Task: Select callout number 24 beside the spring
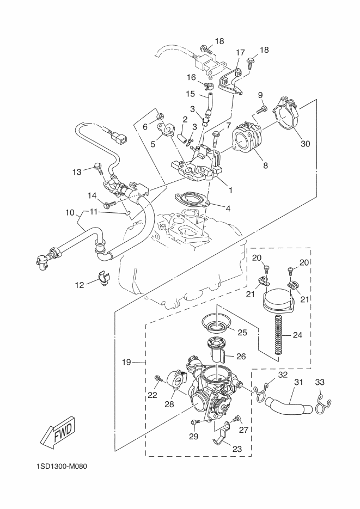coord(297,335)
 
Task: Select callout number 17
coord(240,53)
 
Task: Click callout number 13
coord(76,171)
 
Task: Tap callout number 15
coord(190,93)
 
